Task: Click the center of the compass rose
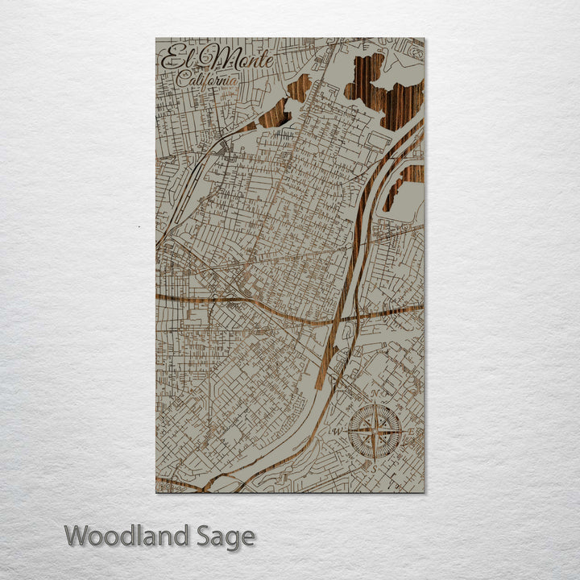[x=375, y=432]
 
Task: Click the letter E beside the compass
[x=410, y=433]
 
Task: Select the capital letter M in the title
[x=211, y=59]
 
